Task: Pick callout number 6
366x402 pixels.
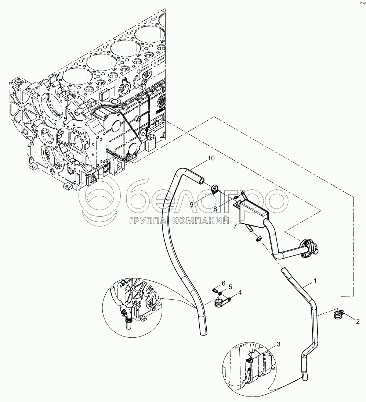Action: [x=223, y=282]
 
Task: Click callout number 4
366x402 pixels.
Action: [x=239, y=293]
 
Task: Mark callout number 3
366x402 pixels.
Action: [x=279, y=344]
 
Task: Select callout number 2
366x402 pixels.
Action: [x=357, y=321]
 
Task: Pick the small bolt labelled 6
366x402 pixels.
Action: [x=215, y=290]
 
